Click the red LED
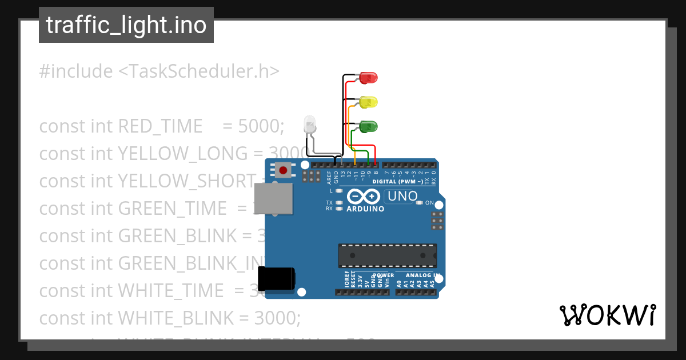tap(369, 78)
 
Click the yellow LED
tap(369, 102)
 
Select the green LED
tap(368, 126)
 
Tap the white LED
tap(309, 125)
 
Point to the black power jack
tap(276, 278)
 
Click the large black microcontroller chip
tap(387, 255)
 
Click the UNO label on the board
tap(402, 197)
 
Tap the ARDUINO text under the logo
tap(365, 209)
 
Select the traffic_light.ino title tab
tap(126, 25)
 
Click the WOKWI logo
tap(607, 315)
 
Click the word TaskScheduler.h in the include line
tap(199, 71)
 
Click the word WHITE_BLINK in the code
tap(177, 318)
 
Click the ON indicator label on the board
tap(429, 203)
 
